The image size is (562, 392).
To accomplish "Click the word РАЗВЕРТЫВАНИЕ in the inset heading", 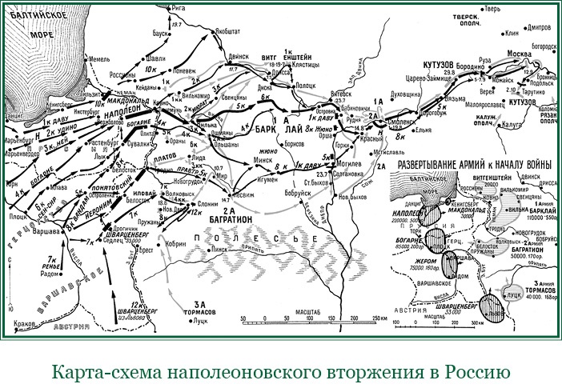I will (427, 164).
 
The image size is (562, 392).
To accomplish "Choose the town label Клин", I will (512, 34).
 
